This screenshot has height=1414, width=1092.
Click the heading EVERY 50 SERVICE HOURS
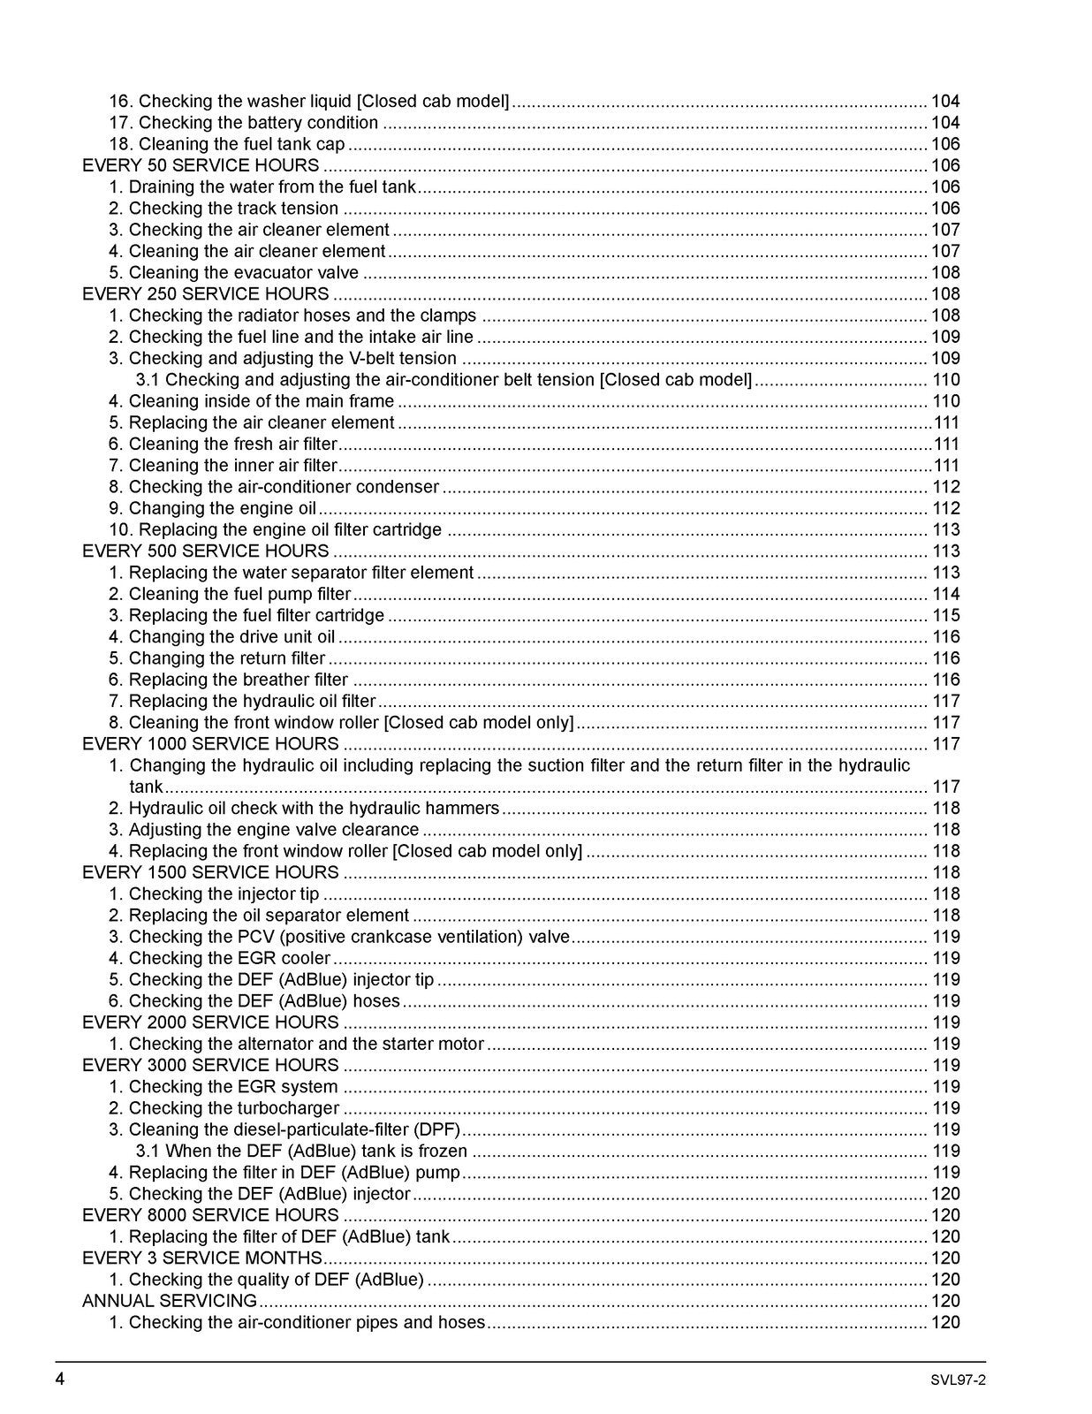point(201,165)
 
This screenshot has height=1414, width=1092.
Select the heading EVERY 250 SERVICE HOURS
point(205,293)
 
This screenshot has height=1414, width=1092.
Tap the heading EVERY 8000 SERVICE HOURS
point(210,1215)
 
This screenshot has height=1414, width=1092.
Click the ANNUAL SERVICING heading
point(170,1301)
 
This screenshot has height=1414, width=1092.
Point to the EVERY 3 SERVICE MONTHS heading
point(202,1258)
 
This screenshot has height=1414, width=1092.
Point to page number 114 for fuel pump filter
point(945,595)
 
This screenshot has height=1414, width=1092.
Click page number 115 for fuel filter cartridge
point(945,616)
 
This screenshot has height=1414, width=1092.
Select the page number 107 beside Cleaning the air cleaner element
point(945,252)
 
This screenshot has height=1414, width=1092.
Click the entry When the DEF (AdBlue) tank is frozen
point(302,1151)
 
